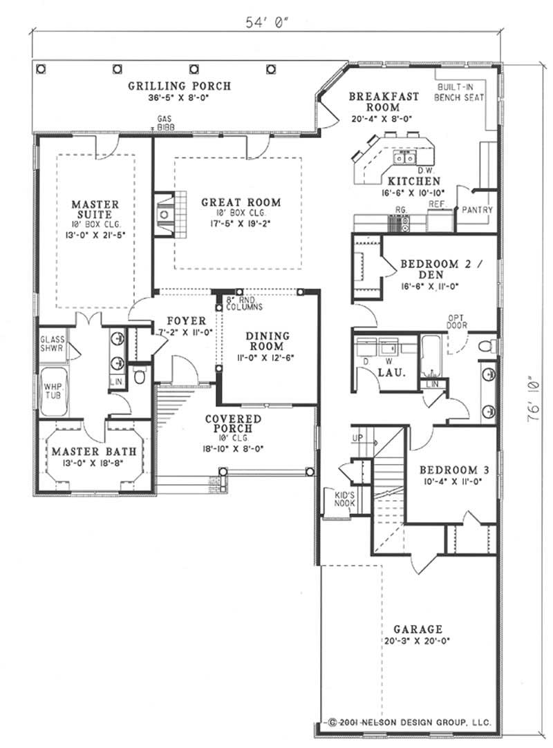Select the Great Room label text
(x=241, y=202)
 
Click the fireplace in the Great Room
(x=167, y=214)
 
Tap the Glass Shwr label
(x=52, y=343)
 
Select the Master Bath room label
(x=92, y=452)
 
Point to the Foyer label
(x=186, y=321)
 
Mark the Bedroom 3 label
(x=455, y=470)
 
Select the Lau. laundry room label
(x=386, y=373)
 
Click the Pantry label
(x=476, y=209)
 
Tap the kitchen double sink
(x=404, y=158)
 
